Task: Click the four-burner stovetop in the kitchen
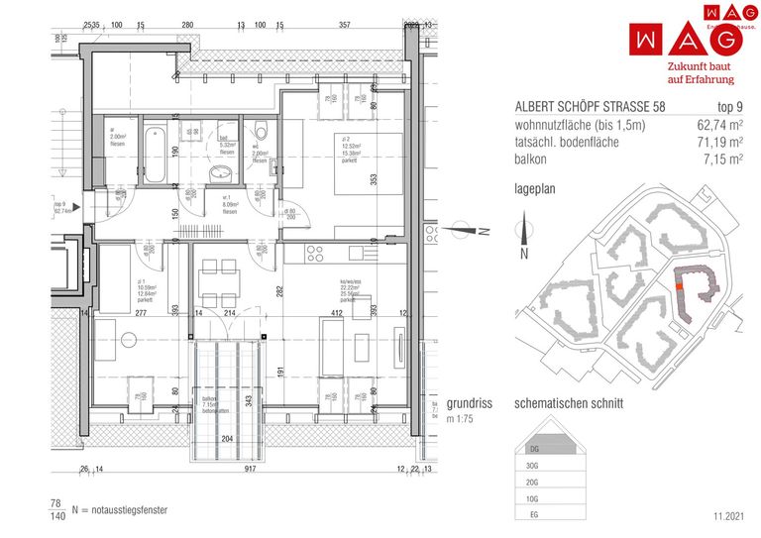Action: (x=316, y=252)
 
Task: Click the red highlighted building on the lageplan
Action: (x=679, y=283)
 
